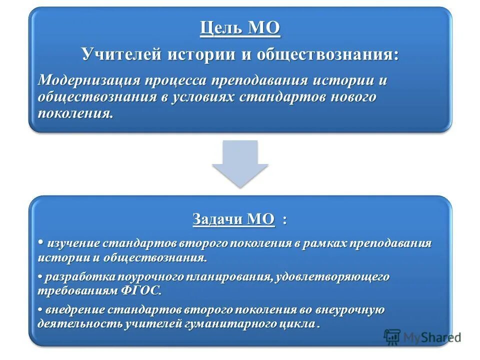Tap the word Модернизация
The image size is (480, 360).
87,80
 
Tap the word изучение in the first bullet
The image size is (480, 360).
73,243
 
